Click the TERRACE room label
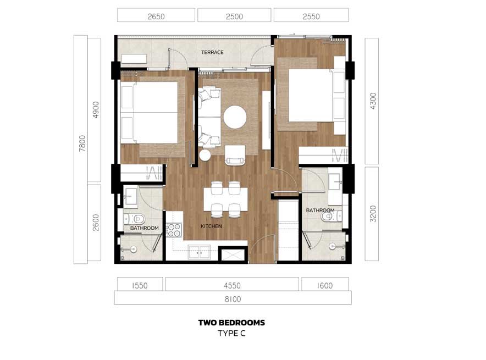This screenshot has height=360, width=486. click(x=212, y=52)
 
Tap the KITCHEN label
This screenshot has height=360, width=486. click(x=211, y=226)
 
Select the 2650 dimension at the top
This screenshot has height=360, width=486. click(x=156, y=16)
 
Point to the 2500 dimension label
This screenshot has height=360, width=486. click(x=234, y=16)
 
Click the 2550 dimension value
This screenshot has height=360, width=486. click(x=311, y=16)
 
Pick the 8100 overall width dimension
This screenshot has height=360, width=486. click(x=233, y=299)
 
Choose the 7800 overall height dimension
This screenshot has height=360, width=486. click(x=82, y=143)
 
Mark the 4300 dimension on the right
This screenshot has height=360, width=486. click(x=373, y=101)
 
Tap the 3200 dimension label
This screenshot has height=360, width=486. click(x=373, y=214)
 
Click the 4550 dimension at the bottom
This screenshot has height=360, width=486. click(x=232, y=285)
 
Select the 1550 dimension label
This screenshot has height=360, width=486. click(x=140, y=285)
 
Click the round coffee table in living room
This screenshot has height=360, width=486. click(x=235, y=117)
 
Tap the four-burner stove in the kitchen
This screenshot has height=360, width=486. click(x=174, y=230)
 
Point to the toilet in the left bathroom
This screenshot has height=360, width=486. click(x=135, y=219)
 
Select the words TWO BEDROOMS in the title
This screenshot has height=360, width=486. click(x=231, y=323)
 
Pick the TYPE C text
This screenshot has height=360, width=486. click(x=231, y=334)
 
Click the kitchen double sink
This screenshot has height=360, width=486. click(x=200, y=252)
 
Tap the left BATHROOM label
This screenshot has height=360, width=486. click(x=144, y=228)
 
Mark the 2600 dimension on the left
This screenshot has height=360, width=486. click(x=96, y=223)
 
